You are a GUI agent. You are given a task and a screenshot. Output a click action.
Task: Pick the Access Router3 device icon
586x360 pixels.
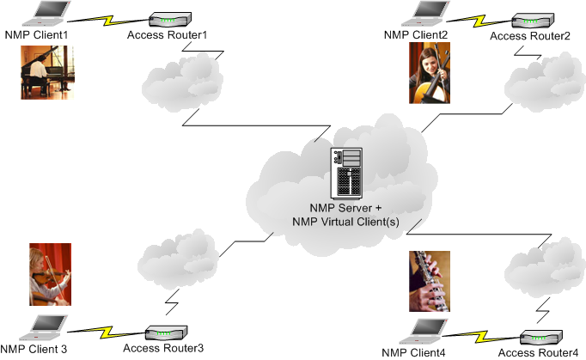pos(162,333)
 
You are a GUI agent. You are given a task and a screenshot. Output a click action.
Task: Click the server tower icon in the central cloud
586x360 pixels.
pos(347,174)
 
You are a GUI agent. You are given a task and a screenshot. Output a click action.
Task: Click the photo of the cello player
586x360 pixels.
pos(430,74)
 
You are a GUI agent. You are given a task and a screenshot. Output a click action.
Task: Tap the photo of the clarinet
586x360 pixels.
pos(430,280)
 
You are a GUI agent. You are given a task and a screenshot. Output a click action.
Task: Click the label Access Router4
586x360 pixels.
pos(539,353)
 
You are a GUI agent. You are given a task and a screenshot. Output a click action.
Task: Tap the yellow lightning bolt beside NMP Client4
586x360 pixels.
pos(485,333)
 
